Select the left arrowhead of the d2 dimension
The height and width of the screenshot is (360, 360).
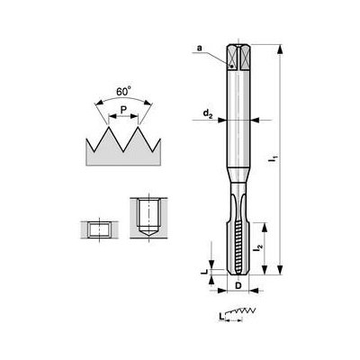click(224, 121)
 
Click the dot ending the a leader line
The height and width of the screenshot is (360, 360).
click(232, 66)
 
